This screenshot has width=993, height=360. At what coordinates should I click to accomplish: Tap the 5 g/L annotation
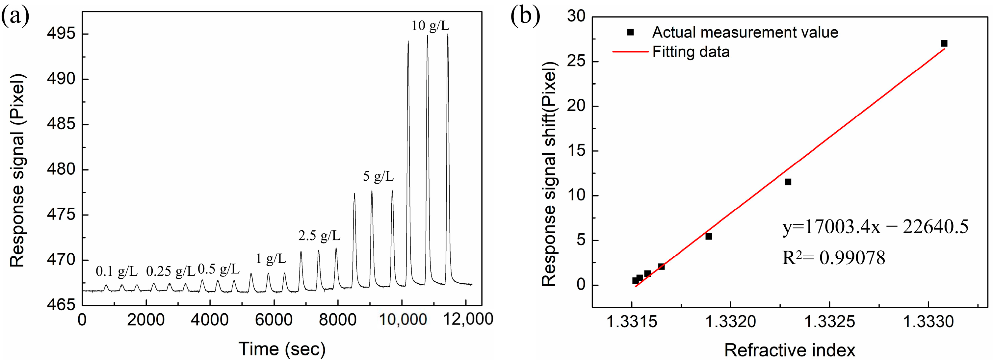[x=378, y=176]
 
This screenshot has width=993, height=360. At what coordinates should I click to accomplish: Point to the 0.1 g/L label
[x=117, y=272]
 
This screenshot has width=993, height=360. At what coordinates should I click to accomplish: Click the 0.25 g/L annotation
[x=170, y=272]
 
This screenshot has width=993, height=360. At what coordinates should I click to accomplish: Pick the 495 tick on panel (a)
[x=61, y=34]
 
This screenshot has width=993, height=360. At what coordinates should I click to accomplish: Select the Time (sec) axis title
[x=282, y=349]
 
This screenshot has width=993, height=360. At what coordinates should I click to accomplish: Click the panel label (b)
[x=525, y=16]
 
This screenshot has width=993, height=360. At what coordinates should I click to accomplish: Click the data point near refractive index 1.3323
[x=788, y=182]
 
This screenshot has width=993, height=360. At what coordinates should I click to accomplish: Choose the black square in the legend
[x=630, y=32]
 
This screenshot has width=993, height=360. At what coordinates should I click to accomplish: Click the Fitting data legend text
[x=691, y=52]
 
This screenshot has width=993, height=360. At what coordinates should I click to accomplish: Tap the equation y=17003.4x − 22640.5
[x=875, y=227]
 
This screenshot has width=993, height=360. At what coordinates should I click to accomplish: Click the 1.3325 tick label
[x=829, y=321]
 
